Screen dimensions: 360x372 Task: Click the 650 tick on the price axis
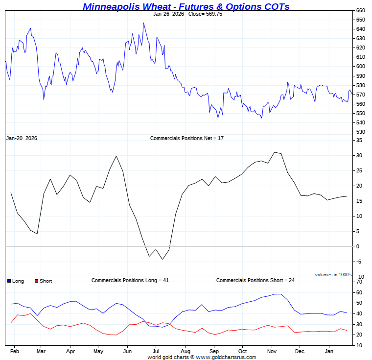pyautogui.click(x=360, y=20)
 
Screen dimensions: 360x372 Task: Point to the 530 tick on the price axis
pyautogui.click(x=360, y=132)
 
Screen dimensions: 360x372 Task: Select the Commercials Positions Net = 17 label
pyautogui.click(x=186, y=139)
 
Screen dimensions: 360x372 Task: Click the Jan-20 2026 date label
pyautogui.click(x=22, y=139)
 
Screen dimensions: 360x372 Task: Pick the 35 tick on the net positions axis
pyautogui.click(x=359, y=140)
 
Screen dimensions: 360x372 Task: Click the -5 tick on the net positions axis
pyautogui.click(x=359, y=262)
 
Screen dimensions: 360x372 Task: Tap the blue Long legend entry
pyautogui.click(x=16, y=281)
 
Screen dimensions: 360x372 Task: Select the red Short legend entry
pyautogui.click(x=43, y=281)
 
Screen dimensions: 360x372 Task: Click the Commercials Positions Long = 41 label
pyautogui.click(x=130, y=281)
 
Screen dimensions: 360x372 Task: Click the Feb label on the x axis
pyautogui.click(x=15, y=351)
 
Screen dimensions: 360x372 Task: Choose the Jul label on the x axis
pyautogui.click(x=156, y=351)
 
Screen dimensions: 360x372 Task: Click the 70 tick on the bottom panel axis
pyautogui.click(x=359, y=282)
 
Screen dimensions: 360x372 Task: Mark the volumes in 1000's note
pyautogui.click(x=333, y=275)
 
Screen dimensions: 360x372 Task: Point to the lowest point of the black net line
pyautogui.click(x=163, y=259)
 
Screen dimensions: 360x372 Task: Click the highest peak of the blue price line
pyautogui.click(x=143, y=23)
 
